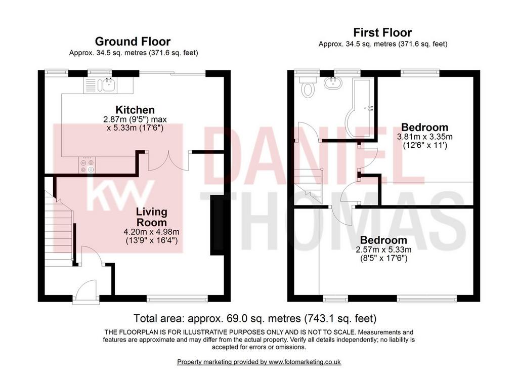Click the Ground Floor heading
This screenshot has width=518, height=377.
(x=133, y=41)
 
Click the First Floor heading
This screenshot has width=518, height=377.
(x=382, y=32)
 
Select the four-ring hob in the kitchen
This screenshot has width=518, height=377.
(x=87, y=165)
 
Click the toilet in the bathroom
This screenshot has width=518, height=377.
(x=308, y=87)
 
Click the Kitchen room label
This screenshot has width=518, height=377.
(x=135, y=110)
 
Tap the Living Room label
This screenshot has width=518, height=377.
(x=152, y=217)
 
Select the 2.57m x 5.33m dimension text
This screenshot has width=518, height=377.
(x=383, y=249)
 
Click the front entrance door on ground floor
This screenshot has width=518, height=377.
(x=85, y=291)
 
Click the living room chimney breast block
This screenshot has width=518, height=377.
(x=217, y=225)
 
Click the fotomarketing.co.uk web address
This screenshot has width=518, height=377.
(x=305, y=362)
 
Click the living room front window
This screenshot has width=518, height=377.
(x=178, y=300)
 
